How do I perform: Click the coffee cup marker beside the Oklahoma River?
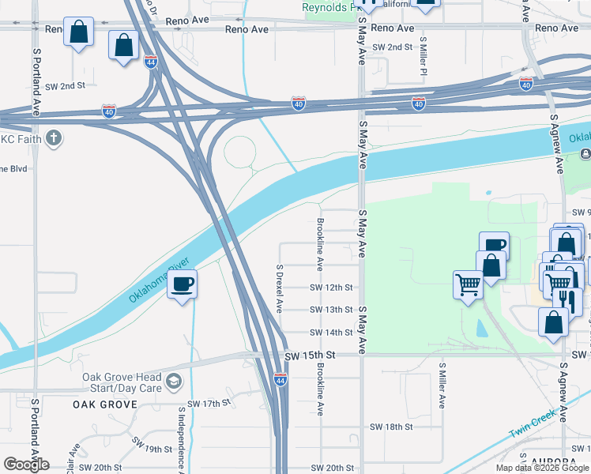pos(183,284)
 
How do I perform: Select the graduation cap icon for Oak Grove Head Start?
pos(173,383)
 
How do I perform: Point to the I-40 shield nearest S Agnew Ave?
pos(526,85)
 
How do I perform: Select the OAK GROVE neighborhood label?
pos(105,404)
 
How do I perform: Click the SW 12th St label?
pos(330,288)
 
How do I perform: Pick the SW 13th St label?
pos(330,310)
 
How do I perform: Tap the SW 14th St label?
pos(330,333)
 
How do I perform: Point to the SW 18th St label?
pos(391,427)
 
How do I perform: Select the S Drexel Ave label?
pos(279,288)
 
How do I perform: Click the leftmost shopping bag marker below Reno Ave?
pos(78,33)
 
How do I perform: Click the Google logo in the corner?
pos(27,465)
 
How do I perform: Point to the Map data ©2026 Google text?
pos(542,468)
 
